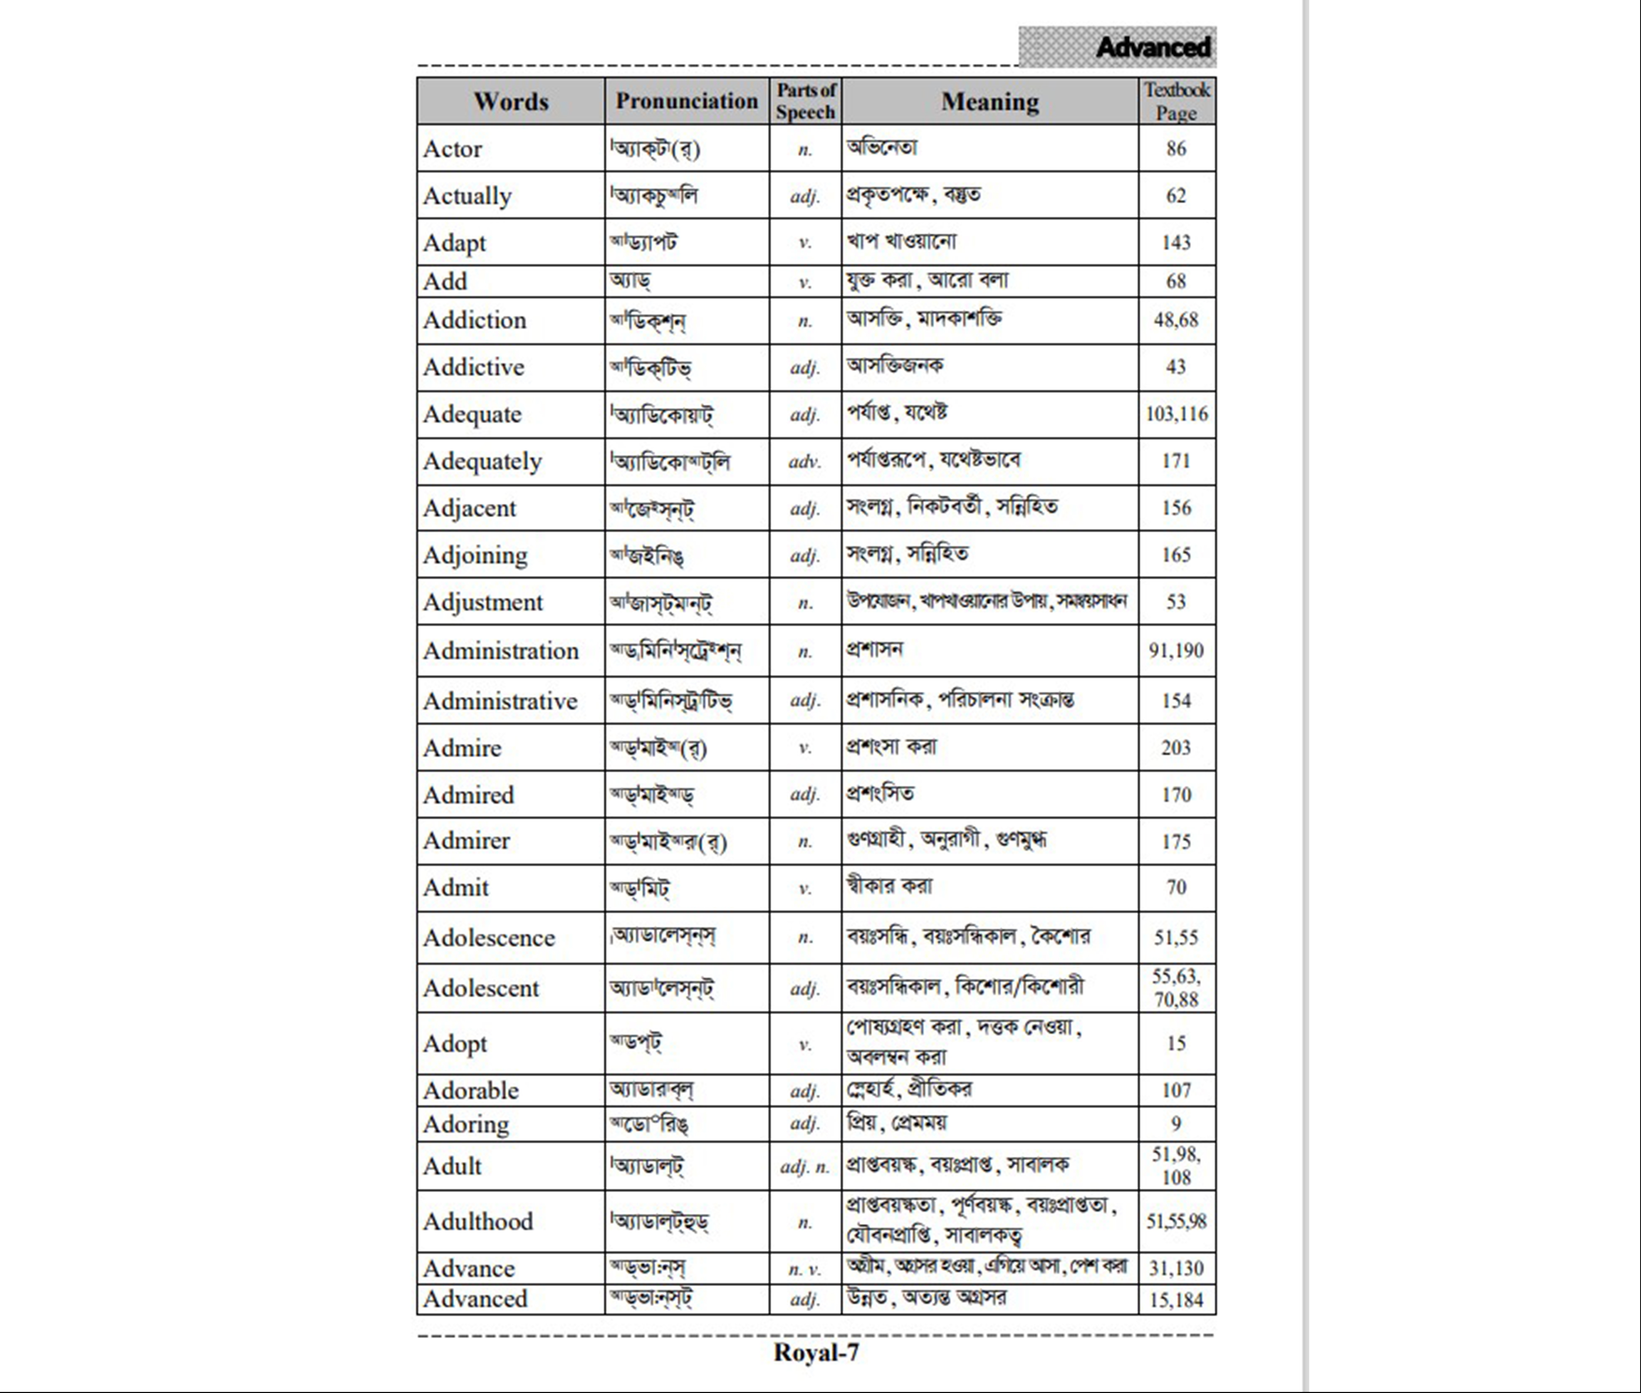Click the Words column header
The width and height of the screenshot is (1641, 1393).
[x=511, y=101]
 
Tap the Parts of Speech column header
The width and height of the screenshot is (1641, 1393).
[x=805, y=101]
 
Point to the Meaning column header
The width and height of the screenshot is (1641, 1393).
[x=990, y=101]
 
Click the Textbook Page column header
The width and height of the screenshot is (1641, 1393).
[x=1176, y=101]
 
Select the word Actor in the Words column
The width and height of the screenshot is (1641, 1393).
[x=452, y=149]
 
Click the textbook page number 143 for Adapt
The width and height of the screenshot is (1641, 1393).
[x=1176, y=242]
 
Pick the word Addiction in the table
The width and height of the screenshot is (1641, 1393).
[x=474, y=320]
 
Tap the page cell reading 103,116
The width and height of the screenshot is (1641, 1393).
[x=1176, y=414]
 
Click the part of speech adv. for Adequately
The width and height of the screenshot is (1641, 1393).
[x=805, y=461]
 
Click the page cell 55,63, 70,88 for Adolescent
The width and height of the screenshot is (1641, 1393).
[x=1176, y=988]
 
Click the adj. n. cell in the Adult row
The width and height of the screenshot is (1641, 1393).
[x=805, y=1166]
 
